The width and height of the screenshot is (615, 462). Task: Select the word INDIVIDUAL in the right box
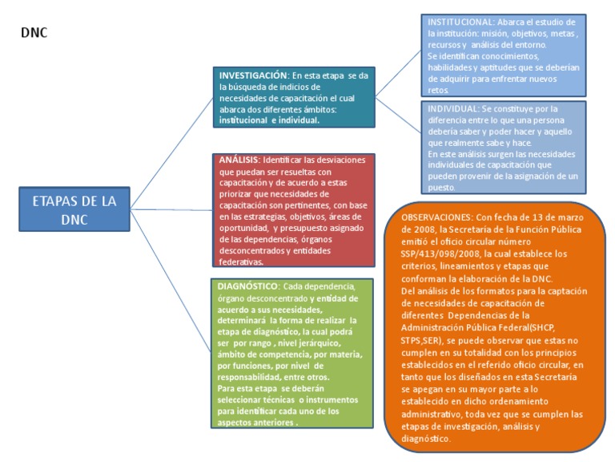click(x=449, y=108)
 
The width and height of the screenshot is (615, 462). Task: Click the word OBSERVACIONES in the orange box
click(x=436, y=217)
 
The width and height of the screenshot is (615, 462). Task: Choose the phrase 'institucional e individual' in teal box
click(x=269, y=120)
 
